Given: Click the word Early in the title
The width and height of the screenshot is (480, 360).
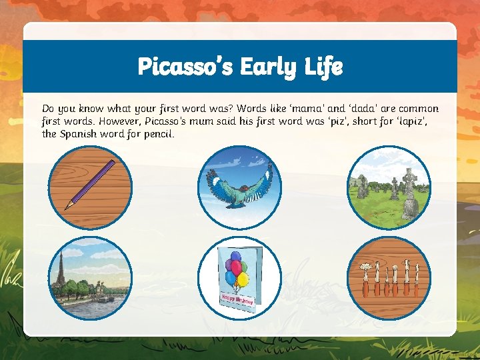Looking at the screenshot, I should pyautogui.click(x=267, y=67).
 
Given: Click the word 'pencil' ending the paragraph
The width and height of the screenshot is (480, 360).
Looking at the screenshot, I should pyautogui.click(x=158, y=134).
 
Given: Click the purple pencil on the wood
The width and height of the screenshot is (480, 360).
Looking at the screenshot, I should pyautogui.click(x=90, y=185).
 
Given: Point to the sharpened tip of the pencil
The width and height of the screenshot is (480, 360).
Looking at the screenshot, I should pyautogui.click(x=67, y=207).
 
